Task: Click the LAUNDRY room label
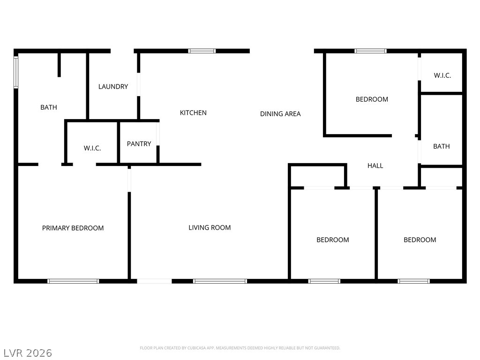tap(113, 87)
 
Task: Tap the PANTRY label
tap(139, 144)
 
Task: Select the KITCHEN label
tap(193, 113)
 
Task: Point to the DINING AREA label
tap(280, 114)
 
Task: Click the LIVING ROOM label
tap(210, 228)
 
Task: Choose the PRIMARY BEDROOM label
tap(73, 228)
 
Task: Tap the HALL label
tap(375, 165)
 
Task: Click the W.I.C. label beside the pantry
tap(92, 148)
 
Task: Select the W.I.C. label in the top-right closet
tap(442, 75)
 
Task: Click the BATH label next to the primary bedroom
tap(49, 107)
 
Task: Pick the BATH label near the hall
tap(441, 146)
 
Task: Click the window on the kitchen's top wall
tap(202, 51)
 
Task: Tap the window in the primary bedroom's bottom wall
tap(73, 281)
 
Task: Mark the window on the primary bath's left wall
tap(16, 72)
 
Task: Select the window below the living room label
tap(220, 281)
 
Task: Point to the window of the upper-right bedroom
tap(370, 51)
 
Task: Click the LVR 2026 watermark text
tap(28, 352)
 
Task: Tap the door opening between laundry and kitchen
tap(138, 84)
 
